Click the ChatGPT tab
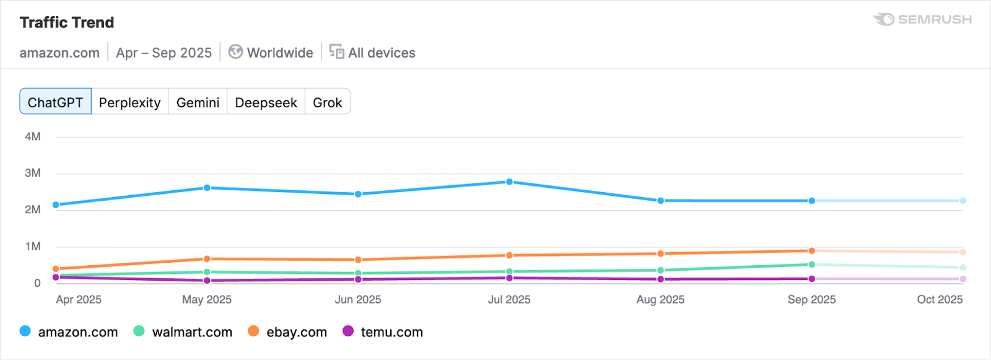(x=55, y=102)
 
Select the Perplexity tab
(x=129, y=102)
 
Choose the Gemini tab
(x=198, y=102)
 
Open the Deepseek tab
(x=266, y=102)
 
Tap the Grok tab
(x=327, y=102)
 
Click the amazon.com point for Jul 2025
(x=509, y=182)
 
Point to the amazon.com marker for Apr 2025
(x=56, y=205)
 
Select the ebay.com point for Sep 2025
(x=811, y=251)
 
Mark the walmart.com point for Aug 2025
(x=660, y=270)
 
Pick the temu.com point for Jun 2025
(x=358, y=279)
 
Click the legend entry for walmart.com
(x=183, y=332)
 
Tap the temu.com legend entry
(x=383, y=332)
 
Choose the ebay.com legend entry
(x=288, y=332)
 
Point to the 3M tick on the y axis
(x=33, y=173)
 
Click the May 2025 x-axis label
(x=207, y=300)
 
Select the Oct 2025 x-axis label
(x=940, y=300)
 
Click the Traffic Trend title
(x=67, y=23)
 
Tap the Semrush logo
(x=922, y=20)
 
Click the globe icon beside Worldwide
(x=235, y=52)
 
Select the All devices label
(x=382, y=53)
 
